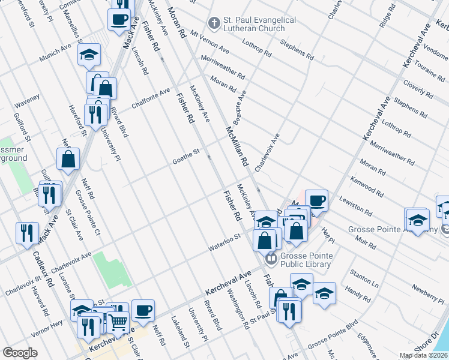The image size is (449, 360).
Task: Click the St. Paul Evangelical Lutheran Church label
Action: click(x=259, y=24)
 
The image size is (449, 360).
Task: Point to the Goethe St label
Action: click(x=185, y=155)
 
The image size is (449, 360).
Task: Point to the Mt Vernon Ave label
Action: click(x=209, y=40)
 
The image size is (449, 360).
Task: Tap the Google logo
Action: click(x=20, y=353)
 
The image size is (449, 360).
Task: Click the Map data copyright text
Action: click(x=423, y=355)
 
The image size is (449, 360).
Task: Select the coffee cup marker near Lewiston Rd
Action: click(x=316, y=200)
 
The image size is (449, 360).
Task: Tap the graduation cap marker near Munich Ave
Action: click(x=89, y=55)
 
